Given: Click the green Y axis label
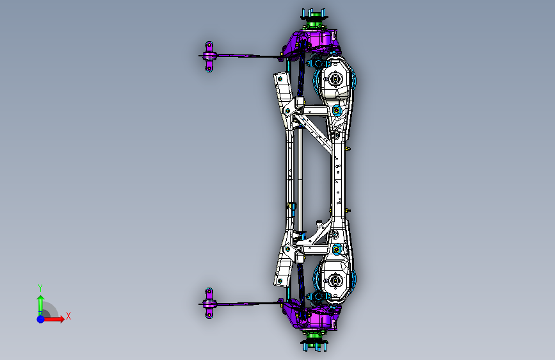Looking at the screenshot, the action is point(40,288).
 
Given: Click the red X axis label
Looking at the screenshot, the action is point(68,316).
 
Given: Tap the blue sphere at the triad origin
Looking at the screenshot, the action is point(41,319).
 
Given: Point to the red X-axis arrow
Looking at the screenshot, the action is point(54,319).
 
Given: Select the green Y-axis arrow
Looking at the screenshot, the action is point(41,305).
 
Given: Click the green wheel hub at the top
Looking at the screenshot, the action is point(314,25).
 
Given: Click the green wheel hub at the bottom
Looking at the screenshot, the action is point(314,335).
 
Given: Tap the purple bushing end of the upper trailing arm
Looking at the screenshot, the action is point(209,56).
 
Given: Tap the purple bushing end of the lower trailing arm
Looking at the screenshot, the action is point(209,303).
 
